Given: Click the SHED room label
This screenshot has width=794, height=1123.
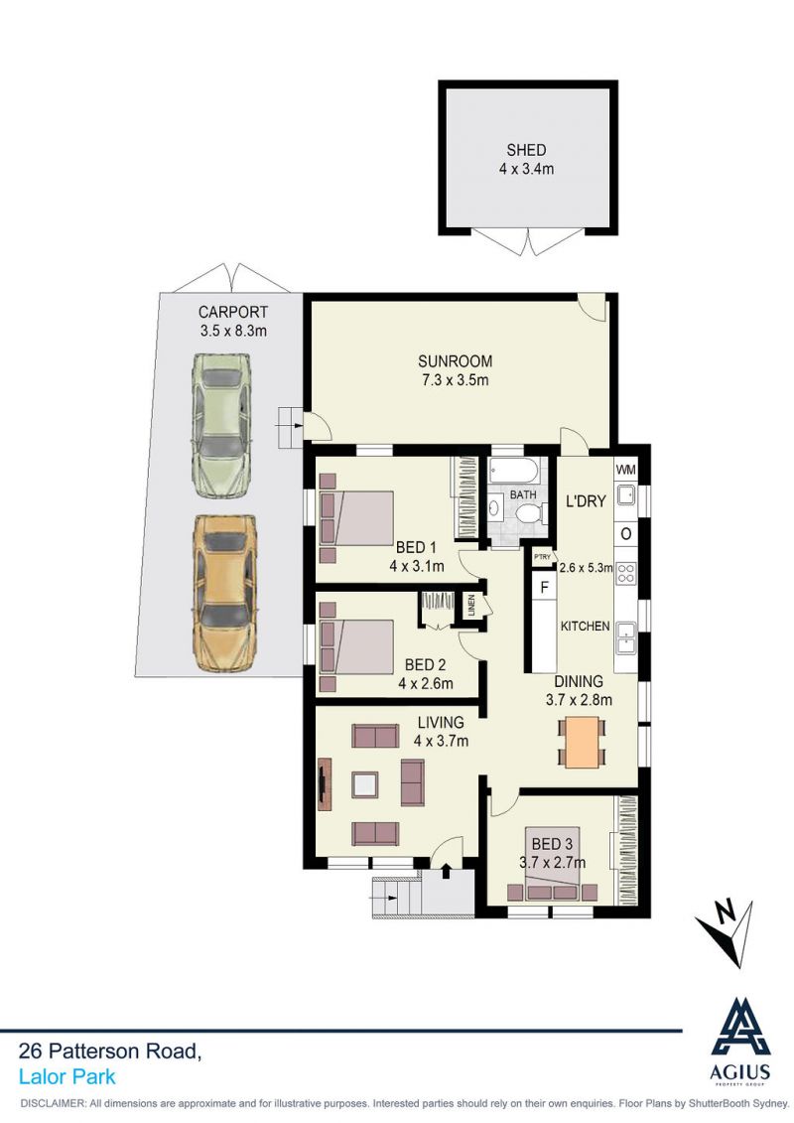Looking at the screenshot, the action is point(526,150).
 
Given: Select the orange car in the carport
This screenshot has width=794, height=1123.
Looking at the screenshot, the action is point(222,594).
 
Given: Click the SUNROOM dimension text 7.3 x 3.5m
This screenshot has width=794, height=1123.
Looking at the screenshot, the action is point(455,380).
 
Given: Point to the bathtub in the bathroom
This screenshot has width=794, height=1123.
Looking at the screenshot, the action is point(514,472).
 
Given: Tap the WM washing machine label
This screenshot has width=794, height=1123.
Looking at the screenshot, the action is point(625,470).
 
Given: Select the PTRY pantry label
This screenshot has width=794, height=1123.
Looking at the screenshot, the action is point(542,556).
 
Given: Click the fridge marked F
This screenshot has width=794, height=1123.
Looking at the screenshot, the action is point(544,588).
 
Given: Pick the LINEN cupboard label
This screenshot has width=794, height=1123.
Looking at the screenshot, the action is point(471,605).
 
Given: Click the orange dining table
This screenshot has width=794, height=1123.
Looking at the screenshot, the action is point(582,742).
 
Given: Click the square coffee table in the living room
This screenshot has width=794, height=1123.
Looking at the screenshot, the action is point(365,785).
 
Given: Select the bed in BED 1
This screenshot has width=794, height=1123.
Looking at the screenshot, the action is point(356,516).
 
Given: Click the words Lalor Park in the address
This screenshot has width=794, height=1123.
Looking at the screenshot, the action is point(67,1077).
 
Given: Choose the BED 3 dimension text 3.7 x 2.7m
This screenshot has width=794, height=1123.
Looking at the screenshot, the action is point(552,863).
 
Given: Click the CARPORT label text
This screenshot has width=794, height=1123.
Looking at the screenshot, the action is point(232,312).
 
